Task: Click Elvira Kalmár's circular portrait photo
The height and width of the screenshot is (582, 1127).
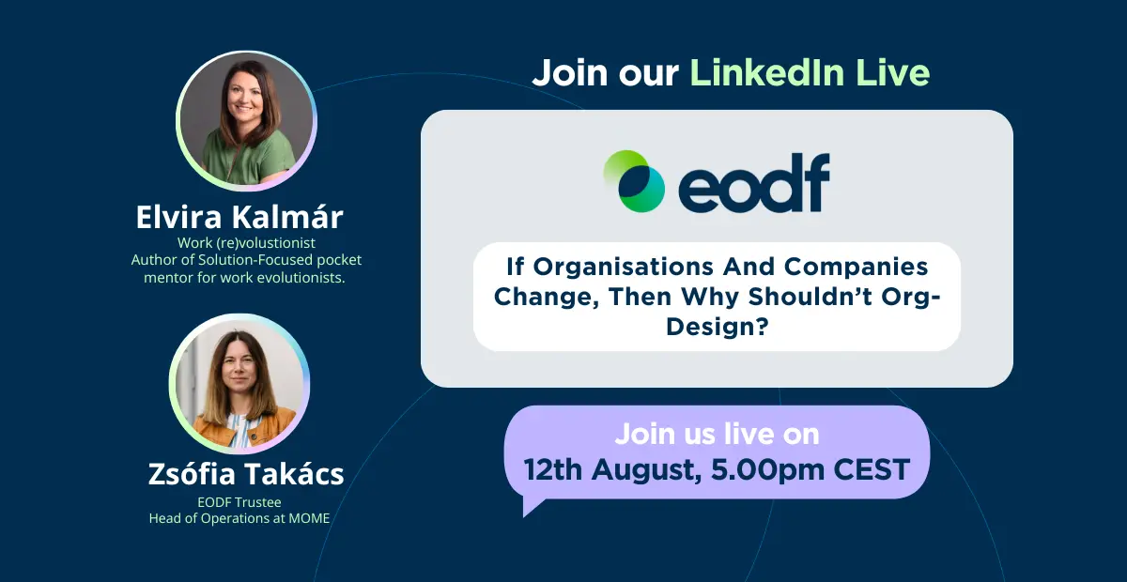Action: [246, 121]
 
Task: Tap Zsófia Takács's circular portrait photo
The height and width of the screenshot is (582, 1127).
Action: [239, 384]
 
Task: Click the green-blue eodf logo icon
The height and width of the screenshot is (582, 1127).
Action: [634, 181]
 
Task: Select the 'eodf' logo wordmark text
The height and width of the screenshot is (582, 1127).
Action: [754, 183]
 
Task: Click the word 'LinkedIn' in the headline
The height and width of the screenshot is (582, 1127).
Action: [766, 73]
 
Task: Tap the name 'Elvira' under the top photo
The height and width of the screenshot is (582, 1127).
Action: [178, 217]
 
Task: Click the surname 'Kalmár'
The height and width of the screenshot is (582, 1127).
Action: [287, 217]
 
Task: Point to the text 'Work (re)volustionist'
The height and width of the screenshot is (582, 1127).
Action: [246, 243]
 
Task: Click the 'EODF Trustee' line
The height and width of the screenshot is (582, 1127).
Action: [239, 502]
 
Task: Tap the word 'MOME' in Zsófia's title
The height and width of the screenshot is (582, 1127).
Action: [309, 518]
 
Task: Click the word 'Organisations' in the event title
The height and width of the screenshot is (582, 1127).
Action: [624, 267]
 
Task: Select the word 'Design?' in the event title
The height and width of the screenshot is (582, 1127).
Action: [718, 327]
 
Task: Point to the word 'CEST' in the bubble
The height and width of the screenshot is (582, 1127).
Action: [872, 470]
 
